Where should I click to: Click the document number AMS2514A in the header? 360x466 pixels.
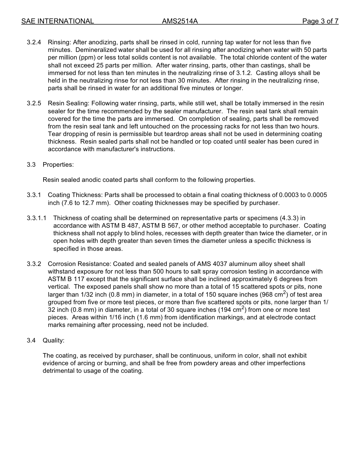coord(180,21)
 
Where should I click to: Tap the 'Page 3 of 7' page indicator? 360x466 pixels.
coord(320,21)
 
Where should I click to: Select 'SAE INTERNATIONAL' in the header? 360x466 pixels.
coord(58,21)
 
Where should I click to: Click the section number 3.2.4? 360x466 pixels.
coord(34,42)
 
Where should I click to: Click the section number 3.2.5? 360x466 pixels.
coord(34,103)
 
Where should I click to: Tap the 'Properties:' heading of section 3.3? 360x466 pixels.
coord(58,165)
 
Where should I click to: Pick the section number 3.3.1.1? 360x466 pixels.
coord(37,218)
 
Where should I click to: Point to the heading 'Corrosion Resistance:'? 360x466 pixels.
coord(80,264)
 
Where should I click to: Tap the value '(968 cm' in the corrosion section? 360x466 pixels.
coord(271,295)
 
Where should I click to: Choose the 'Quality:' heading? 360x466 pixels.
coord(53,341)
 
